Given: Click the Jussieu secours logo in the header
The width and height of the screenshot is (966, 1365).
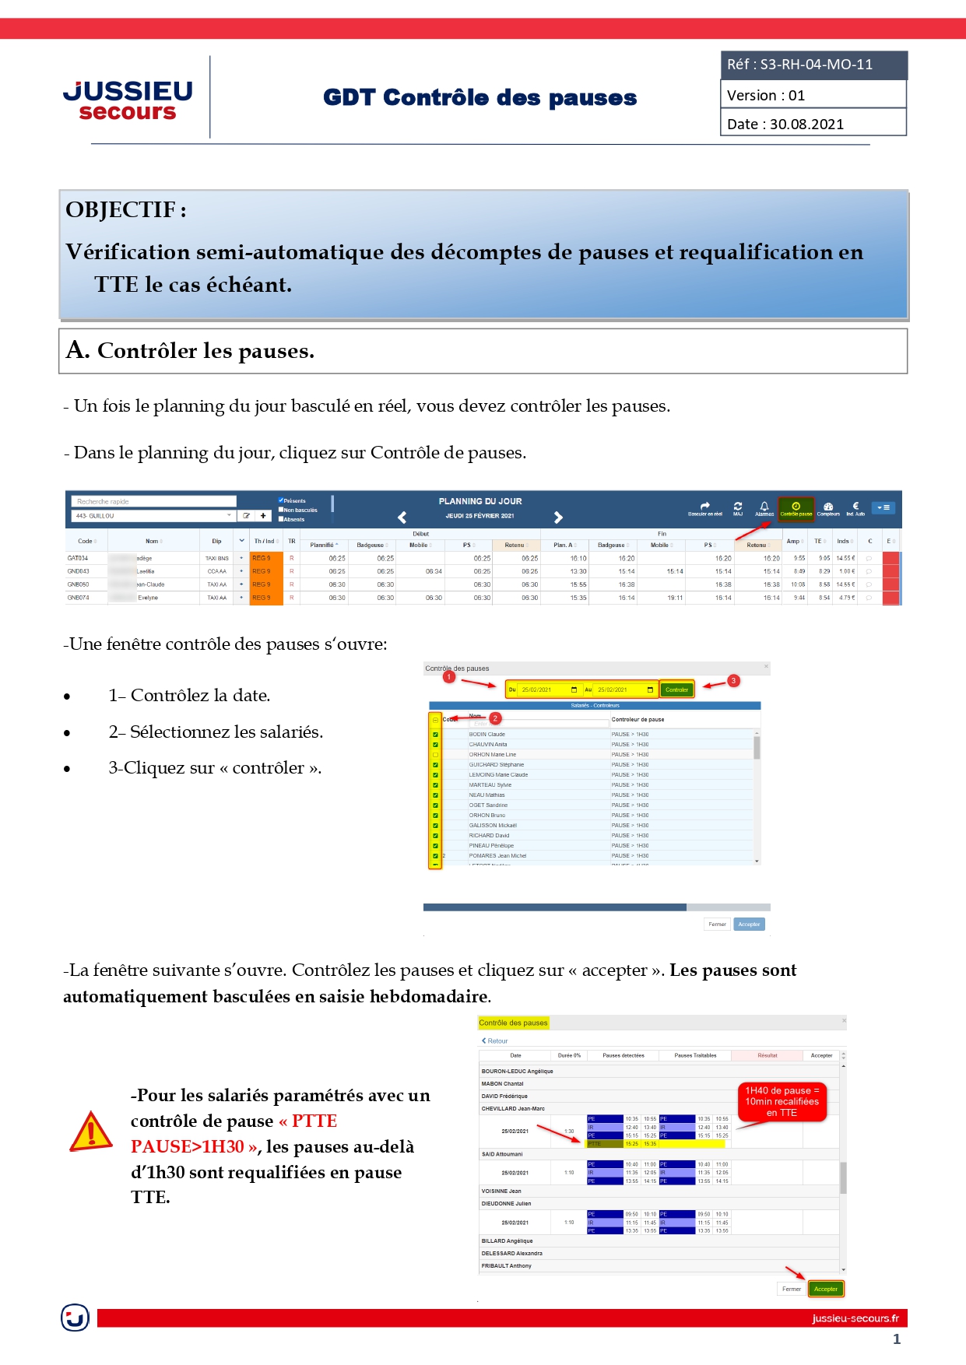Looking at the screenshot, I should [x=128, y=100].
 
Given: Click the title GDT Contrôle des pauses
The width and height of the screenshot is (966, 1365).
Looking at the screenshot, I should [x=479, y=98].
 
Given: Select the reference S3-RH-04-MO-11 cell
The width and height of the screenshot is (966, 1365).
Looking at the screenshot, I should [x=813, y=65].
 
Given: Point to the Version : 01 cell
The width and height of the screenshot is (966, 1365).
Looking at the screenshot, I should [x=813, y=95].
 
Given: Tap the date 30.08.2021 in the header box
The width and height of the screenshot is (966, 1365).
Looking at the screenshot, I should [x=813, y=124].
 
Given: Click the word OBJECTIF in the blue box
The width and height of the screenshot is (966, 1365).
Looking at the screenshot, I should [x=121, y=210].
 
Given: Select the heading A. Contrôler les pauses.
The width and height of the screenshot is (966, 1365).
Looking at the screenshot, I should [x=191, y=351].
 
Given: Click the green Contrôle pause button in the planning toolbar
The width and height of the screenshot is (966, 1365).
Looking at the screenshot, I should [x=796, y=509].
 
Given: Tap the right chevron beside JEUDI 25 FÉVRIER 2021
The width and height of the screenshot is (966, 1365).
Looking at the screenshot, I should [x=558, y=518].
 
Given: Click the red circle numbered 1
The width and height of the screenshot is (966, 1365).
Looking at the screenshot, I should [x=449, y=677].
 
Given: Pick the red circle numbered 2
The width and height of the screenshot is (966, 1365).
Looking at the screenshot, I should [x=495, y=718].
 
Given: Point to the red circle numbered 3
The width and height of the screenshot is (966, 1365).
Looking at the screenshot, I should [x=733, y=680].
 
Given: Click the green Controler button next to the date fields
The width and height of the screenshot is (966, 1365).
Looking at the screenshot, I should [x=676, y=690].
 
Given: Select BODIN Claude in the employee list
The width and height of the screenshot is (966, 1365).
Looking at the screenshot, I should [x=487, y=734].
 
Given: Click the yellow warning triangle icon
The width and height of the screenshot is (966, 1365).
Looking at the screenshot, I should [x=91, y=1132].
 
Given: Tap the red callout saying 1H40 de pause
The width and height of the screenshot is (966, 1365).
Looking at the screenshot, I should [x=782, y=1101].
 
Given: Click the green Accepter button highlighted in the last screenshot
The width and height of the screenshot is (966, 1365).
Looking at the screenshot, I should [x=825, y=1289].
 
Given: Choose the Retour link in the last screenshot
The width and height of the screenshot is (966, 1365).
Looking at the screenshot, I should [x=495, y=1040].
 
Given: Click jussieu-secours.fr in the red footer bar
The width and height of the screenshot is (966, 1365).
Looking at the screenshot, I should [x=855, y=1318].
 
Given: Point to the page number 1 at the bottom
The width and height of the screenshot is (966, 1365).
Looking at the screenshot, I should [x=897, y=1339].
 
